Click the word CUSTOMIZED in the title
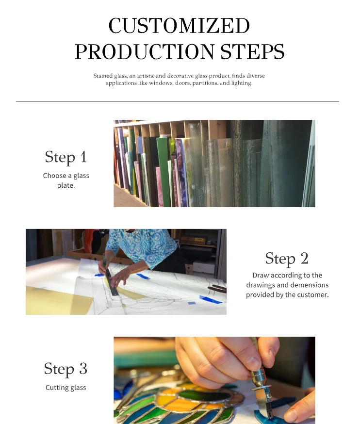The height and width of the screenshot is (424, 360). pos(179,26)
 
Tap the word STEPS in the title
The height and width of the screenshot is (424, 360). pos(252,51)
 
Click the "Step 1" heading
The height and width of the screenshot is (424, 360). pos(65,157)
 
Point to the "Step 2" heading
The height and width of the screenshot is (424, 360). pos(287,258)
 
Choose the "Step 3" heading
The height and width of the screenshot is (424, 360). pos(65,369)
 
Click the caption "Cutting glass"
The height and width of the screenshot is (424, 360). pos(65,388)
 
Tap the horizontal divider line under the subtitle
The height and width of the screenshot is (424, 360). pos(178,101)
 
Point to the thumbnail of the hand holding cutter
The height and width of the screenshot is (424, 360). pos(214,380)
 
